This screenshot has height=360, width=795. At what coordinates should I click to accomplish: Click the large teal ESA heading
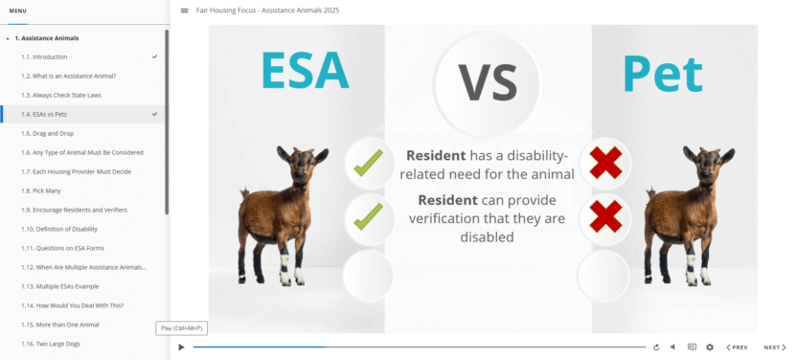tap(306, 71)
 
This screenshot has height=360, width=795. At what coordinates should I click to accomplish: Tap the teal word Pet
tap(663, 74)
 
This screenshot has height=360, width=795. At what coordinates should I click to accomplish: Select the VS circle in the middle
tap(488, 82)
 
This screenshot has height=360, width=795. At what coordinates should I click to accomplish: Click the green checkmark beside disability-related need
tap(369, 163)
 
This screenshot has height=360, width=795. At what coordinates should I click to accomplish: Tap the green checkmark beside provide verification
tap(369, 216)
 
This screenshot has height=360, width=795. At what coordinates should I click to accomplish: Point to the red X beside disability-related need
tap(606, 162)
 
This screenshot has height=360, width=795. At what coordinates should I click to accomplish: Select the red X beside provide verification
tap(606, 216)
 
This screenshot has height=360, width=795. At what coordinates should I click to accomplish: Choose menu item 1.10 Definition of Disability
tap(59, 229)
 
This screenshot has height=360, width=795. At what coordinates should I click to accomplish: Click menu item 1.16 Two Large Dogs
tap(51, 344)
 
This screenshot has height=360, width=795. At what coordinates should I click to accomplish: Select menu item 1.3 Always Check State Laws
tap(61, 96)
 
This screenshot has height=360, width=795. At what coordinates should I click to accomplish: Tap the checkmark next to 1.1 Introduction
tap(154, 56)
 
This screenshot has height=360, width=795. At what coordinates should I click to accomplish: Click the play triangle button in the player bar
tap(182, 348)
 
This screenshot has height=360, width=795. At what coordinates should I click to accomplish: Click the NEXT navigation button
tap(775, 348)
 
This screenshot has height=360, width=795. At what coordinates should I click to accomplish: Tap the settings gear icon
tap(710, 348)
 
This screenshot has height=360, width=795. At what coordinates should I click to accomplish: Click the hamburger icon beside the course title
tap(185, 11)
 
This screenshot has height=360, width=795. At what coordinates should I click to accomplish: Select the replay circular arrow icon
tap(656, 348)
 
